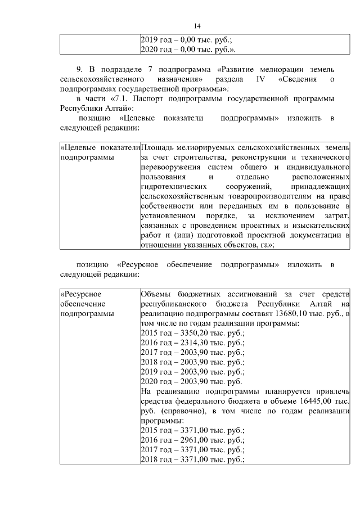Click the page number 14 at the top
(x=197, y=26)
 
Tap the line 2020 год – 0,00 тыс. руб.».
(x=187, y=49)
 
